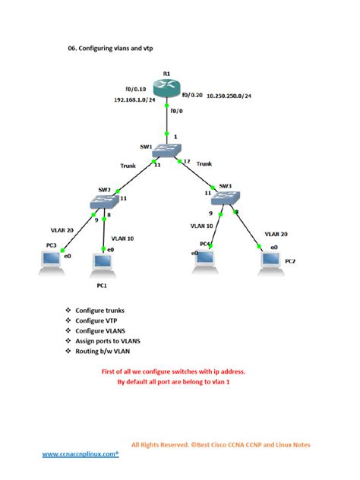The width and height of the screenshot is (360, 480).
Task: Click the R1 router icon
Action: pos(167,85)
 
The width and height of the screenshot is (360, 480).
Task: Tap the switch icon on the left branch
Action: pos(102,202)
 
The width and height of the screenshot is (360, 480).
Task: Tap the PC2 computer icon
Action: pos(268,261)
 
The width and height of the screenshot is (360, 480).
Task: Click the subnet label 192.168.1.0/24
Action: pos(135,100)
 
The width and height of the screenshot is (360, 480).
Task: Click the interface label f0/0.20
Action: pos(194,95)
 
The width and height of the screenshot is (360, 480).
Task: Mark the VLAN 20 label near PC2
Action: pos(276,234)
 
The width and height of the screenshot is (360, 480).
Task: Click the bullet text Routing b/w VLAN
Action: pos(108,351)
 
